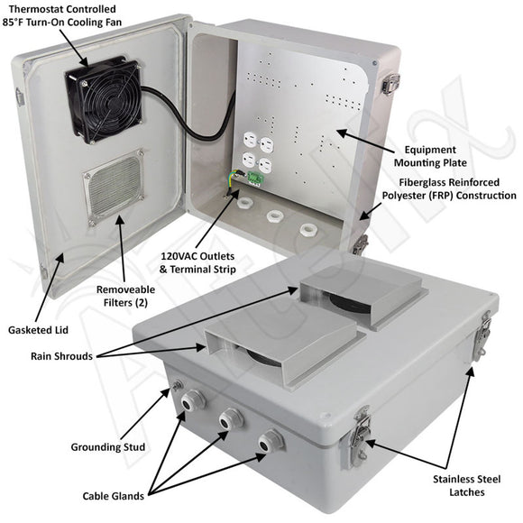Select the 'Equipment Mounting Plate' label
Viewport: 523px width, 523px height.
(x=430, y=156)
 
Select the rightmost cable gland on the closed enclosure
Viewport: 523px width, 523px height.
(x=265, y=442)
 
